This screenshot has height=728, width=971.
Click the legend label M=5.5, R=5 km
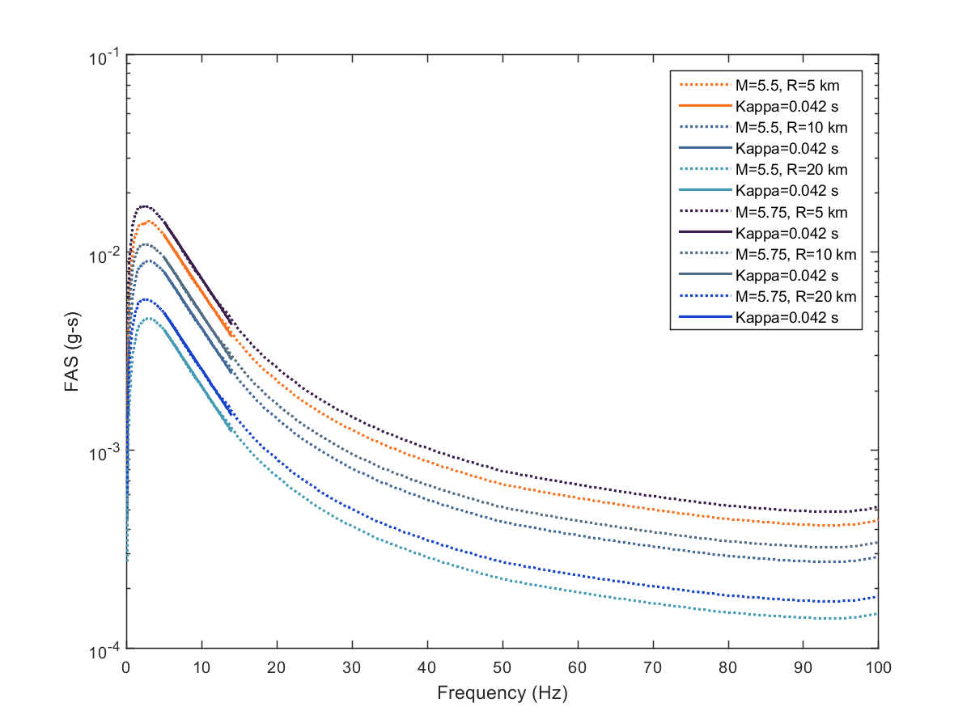click(x=782, y=84)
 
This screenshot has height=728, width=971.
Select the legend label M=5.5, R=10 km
click(x=786, y=126)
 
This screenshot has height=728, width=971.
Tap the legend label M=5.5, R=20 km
click(x=786, y=169)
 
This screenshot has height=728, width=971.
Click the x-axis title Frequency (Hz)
click(x=502, y=693)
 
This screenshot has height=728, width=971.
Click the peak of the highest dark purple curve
click(x=145, y=206)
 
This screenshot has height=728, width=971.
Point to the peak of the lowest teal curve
click(x=150, y=318)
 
